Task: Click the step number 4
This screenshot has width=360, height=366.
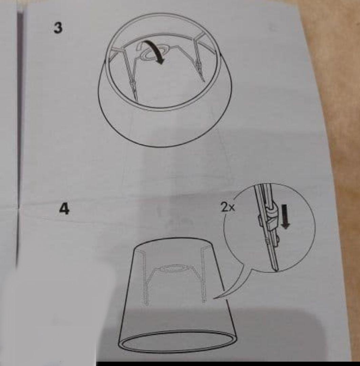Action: [64, 208]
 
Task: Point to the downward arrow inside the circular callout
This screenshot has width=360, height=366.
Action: [286, 216]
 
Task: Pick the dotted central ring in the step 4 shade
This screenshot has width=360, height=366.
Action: [173, 268]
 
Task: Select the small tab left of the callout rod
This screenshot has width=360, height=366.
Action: [261, 221]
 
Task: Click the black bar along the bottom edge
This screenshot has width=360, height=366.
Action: [228, 364]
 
